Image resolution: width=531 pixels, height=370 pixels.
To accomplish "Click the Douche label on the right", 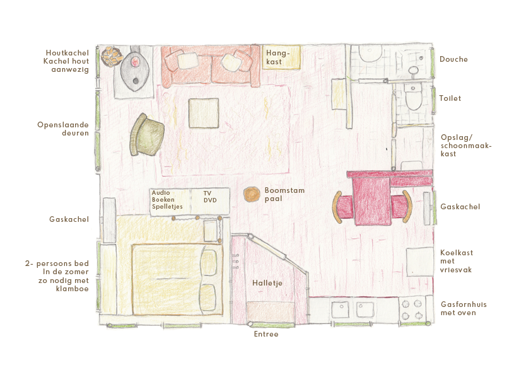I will coord(453,59).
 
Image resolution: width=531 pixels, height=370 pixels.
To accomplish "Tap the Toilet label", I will coord(450,98).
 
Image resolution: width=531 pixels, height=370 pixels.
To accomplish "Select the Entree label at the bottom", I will coord(265,334).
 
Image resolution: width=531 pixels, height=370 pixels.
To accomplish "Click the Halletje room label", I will coord(267,283).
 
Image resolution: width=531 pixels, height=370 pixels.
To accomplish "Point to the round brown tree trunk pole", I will coord(252,194).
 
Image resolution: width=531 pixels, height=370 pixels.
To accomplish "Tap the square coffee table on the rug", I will coord(203,113).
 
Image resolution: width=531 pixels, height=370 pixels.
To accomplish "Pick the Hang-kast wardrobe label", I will coord(278,57).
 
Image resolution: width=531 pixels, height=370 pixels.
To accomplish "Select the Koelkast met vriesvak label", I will coord(457,261).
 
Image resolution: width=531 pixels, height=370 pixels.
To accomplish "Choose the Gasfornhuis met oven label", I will coord(464,308).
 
